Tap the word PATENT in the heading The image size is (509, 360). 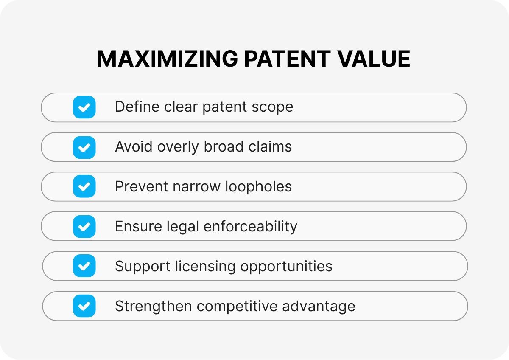pyautogui.click(x=287, y=59)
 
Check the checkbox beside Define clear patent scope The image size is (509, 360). pyautogui.click(x=84, y=107)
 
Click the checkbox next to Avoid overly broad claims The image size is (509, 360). pyautogui.click(x=84, y=147)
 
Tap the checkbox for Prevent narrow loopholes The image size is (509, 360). pyautogui.click(x=84, y=187)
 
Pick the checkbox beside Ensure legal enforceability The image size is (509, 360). pyautogui.click(x=84, y=227)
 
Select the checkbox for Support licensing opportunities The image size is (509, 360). pyautogui.click(x=84, y=266)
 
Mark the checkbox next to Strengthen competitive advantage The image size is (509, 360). pyautogui.click(x=84, y=306)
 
